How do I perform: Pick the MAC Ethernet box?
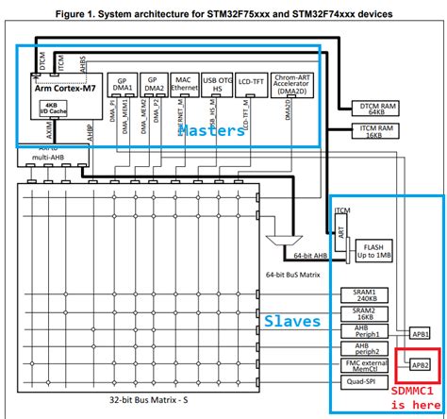pos(183,86)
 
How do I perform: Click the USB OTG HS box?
pos(217,86)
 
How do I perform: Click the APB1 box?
pos(420,333)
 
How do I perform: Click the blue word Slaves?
pos(293,322)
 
